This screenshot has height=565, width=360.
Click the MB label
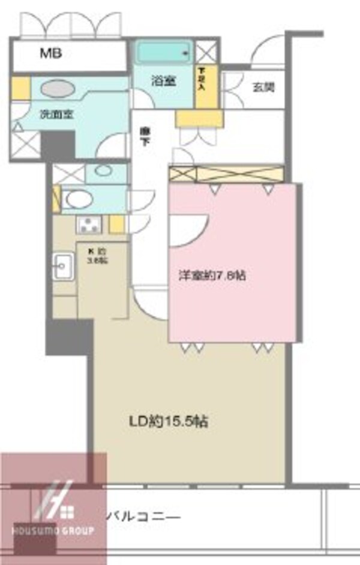pyautogui.click(x=51, y=54)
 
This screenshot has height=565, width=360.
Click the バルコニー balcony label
pyautogui.click(x=143, y=515)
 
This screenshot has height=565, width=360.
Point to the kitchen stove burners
pyautogui.click(x=89, y=225)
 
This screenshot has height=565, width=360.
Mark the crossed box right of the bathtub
pyautogui.click(x=204, y=52)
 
